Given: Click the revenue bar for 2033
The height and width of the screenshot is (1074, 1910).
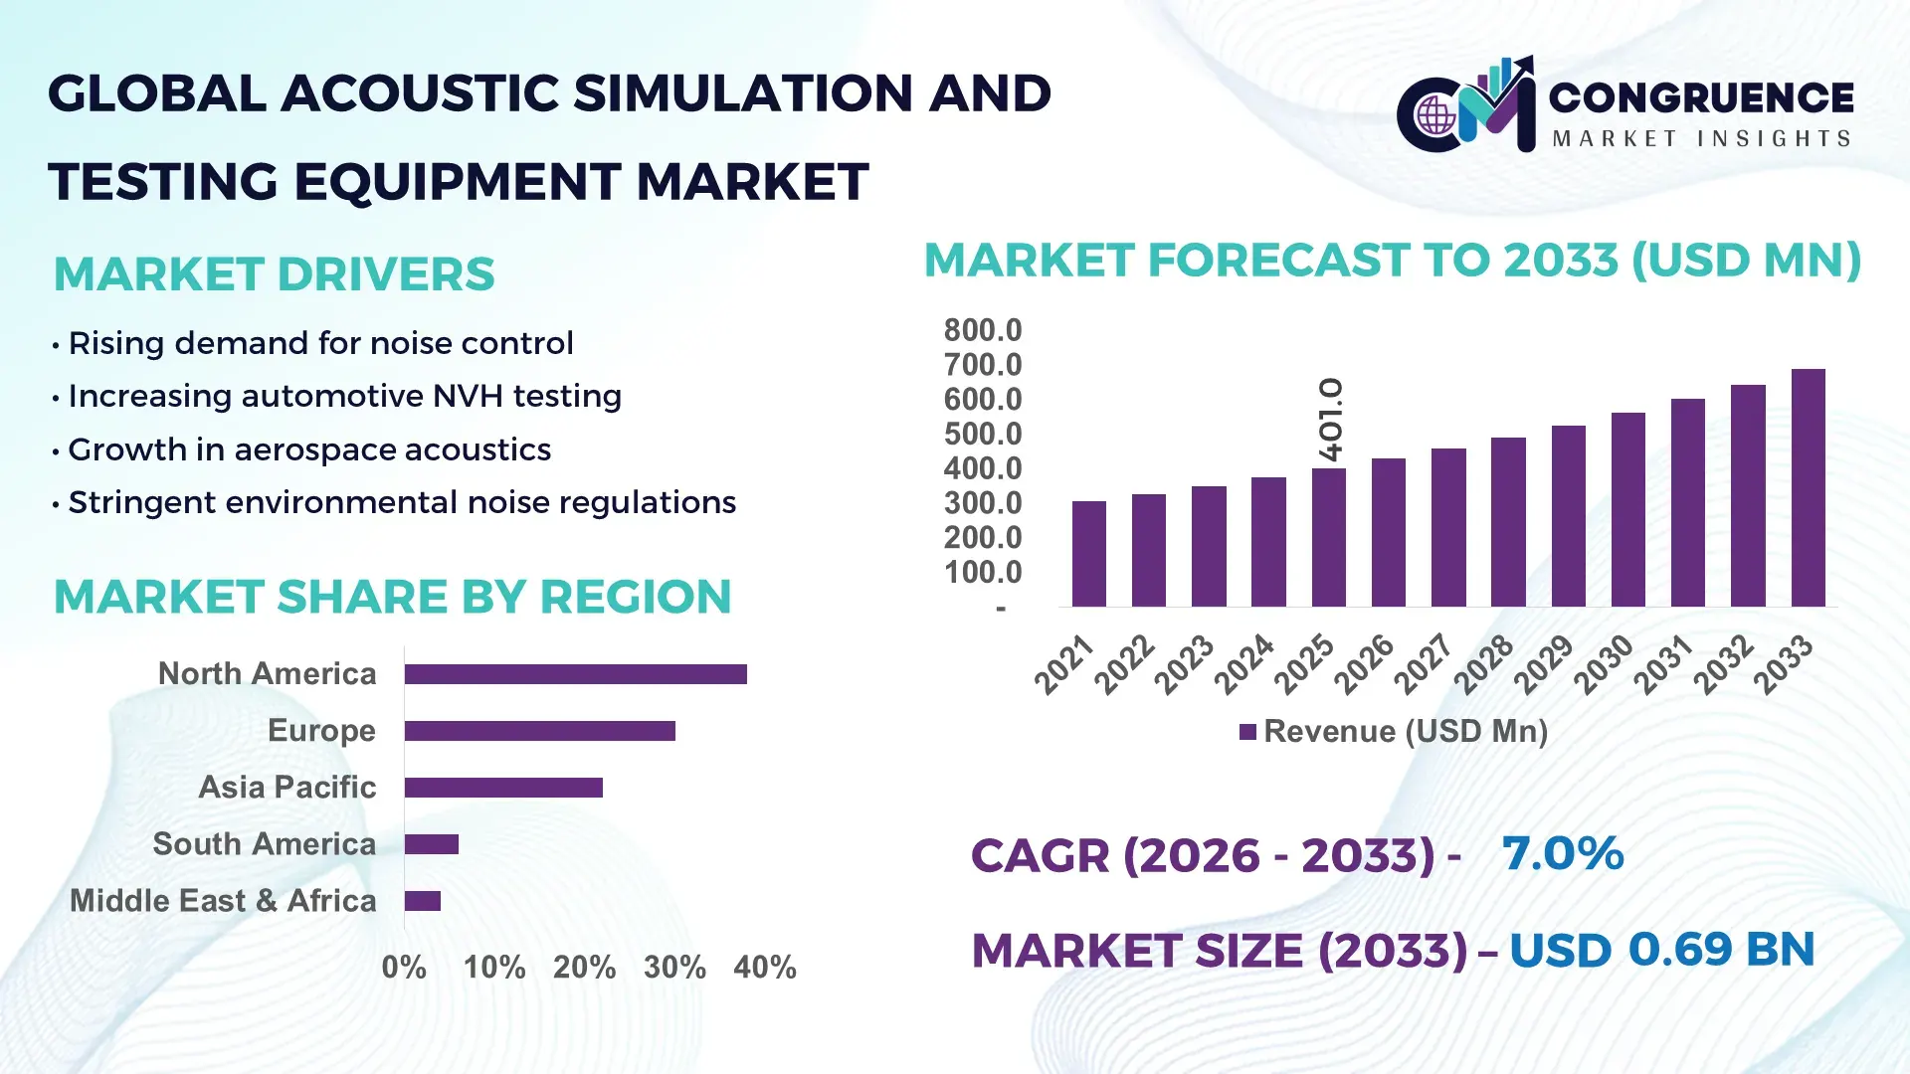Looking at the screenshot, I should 1808,487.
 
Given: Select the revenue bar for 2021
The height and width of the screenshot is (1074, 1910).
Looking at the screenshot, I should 1089,554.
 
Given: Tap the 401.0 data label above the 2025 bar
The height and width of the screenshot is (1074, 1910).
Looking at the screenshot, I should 1330,419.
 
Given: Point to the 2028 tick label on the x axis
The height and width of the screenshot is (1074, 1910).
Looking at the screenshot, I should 1483,664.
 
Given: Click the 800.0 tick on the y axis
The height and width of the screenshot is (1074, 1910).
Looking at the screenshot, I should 982,330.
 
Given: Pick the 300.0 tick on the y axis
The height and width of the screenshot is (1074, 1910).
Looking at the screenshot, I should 982,503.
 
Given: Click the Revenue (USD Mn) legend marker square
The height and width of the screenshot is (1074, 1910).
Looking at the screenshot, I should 1247,732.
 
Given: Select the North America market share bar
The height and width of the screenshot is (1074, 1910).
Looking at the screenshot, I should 575,674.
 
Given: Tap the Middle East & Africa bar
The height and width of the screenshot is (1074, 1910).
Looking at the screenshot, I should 423,901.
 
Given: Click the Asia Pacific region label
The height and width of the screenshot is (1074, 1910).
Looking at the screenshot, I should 286,787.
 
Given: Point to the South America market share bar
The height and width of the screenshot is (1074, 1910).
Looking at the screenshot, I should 432,844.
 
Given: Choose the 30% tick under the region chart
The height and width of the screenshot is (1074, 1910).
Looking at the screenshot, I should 674,967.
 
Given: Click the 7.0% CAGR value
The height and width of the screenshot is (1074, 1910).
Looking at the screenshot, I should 1562,853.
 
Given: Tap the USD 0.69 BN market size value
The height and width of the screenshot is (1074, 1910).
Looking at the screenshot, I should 1661,949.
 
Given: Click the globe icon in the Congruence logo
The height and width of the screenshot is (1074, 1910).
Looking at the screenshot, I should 1435,116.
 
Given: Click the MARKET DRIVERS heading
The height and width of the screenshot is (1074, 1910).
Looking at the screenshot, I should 274,274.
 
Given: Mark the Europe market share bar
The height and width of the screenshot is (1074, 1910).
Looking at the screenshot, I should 539,731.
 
